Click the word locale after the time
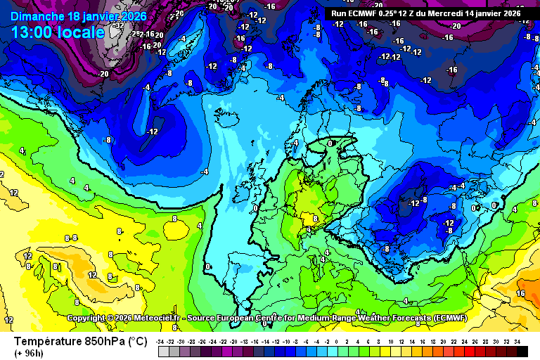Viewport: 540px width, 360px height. [84, 32]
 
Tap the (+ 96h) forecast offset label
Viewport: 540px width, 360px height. [29, 353]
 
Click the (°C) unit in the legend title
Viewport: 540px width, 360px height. [136, 342]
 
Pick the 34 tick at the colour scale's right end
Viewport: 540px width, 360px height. [517, 341]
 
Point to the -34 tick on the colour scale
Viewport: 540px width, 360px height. [162, 341]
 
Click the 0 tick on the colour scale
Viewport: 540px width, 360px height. [337, 341]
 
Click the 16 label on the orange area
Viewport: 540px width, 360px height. [521, 293]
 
